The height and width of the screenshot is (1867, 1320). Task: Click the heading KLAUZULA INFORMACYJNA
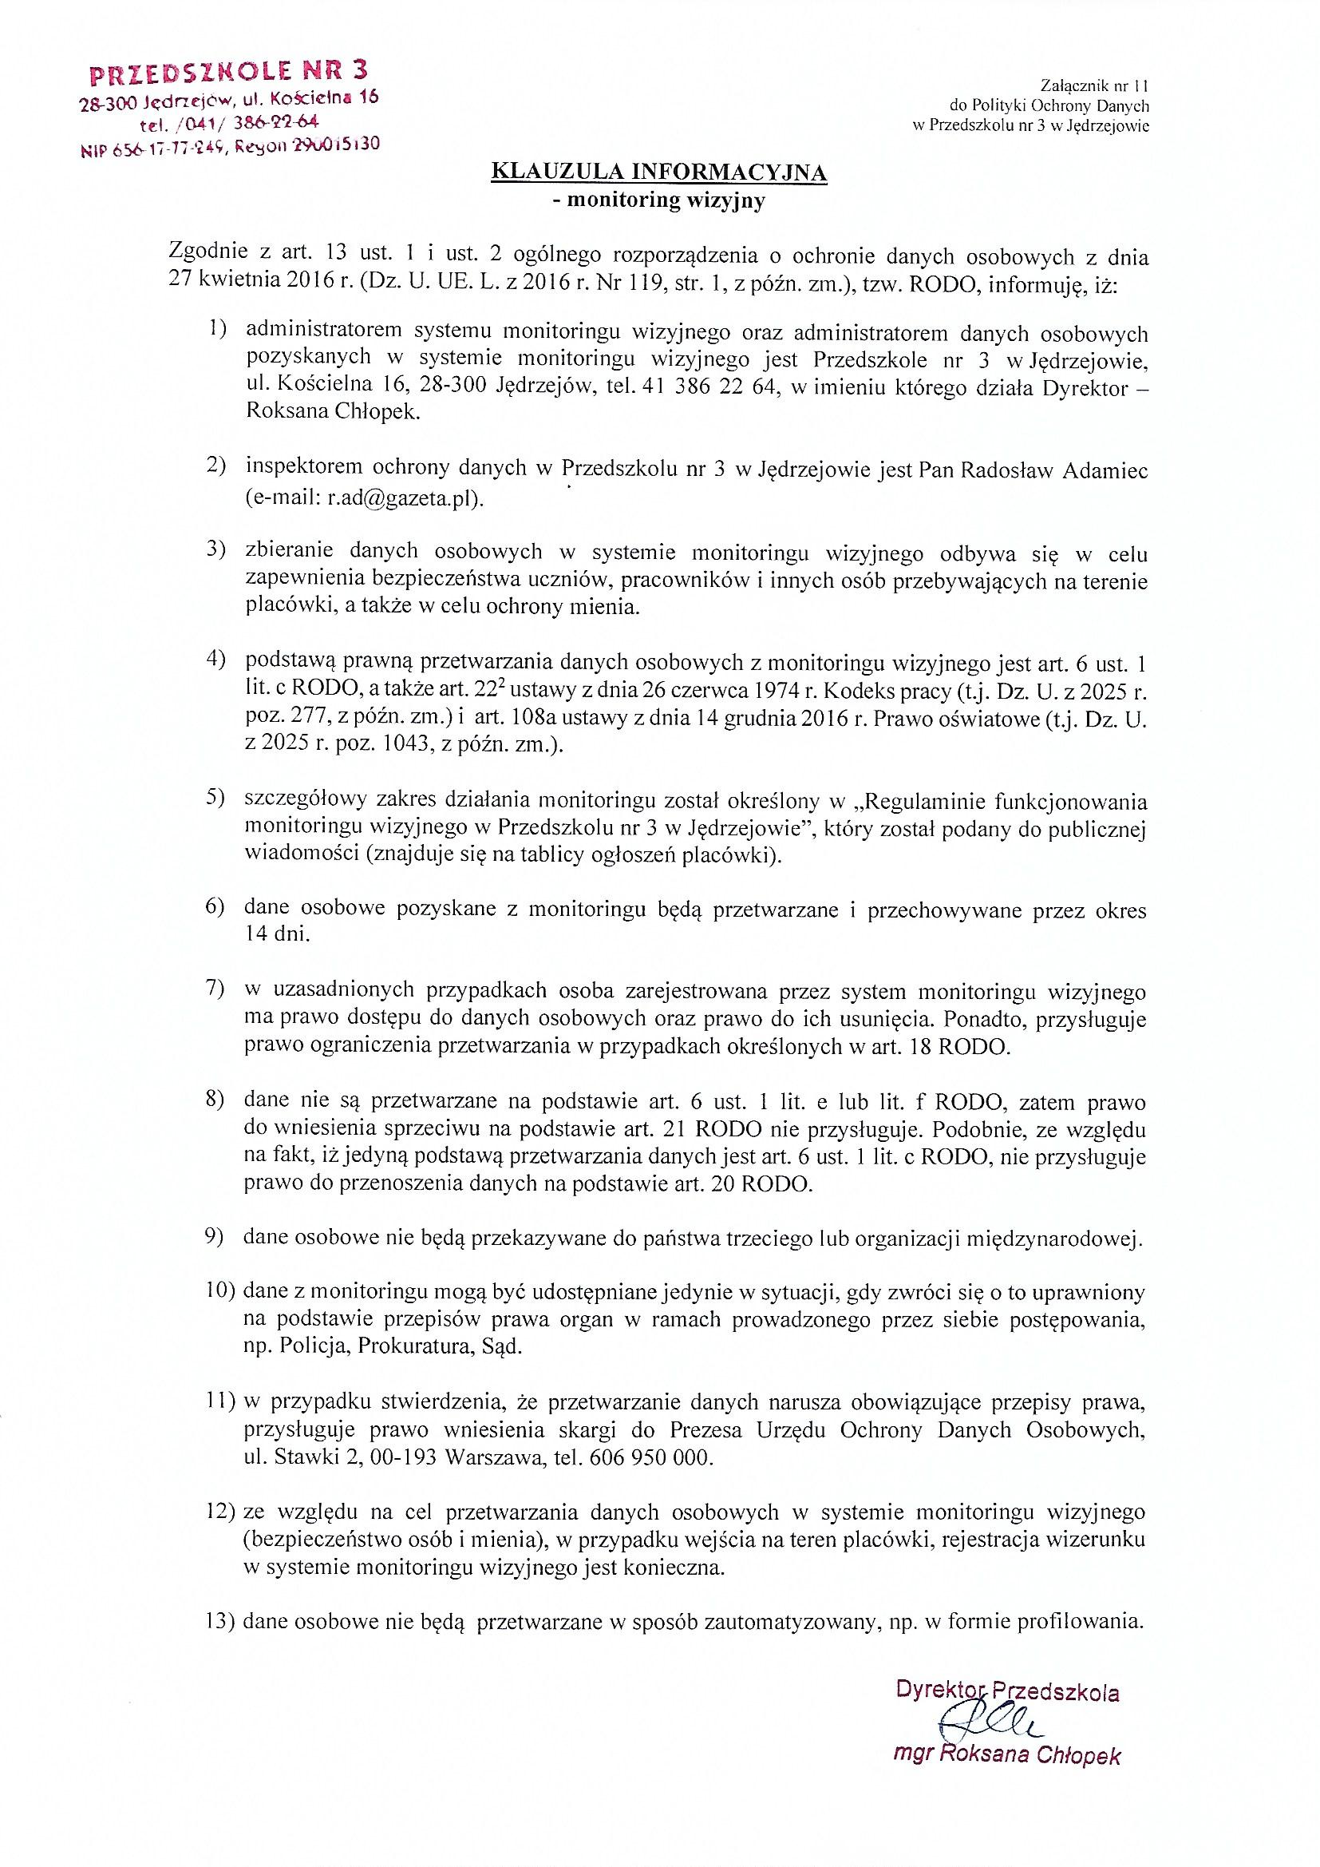coord(661,172)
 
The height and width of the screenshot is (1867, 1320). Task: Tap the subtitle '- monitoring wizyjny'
coord(659,203)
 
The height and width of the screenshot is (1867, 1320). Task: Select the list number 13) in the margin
coord(221,1623)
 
